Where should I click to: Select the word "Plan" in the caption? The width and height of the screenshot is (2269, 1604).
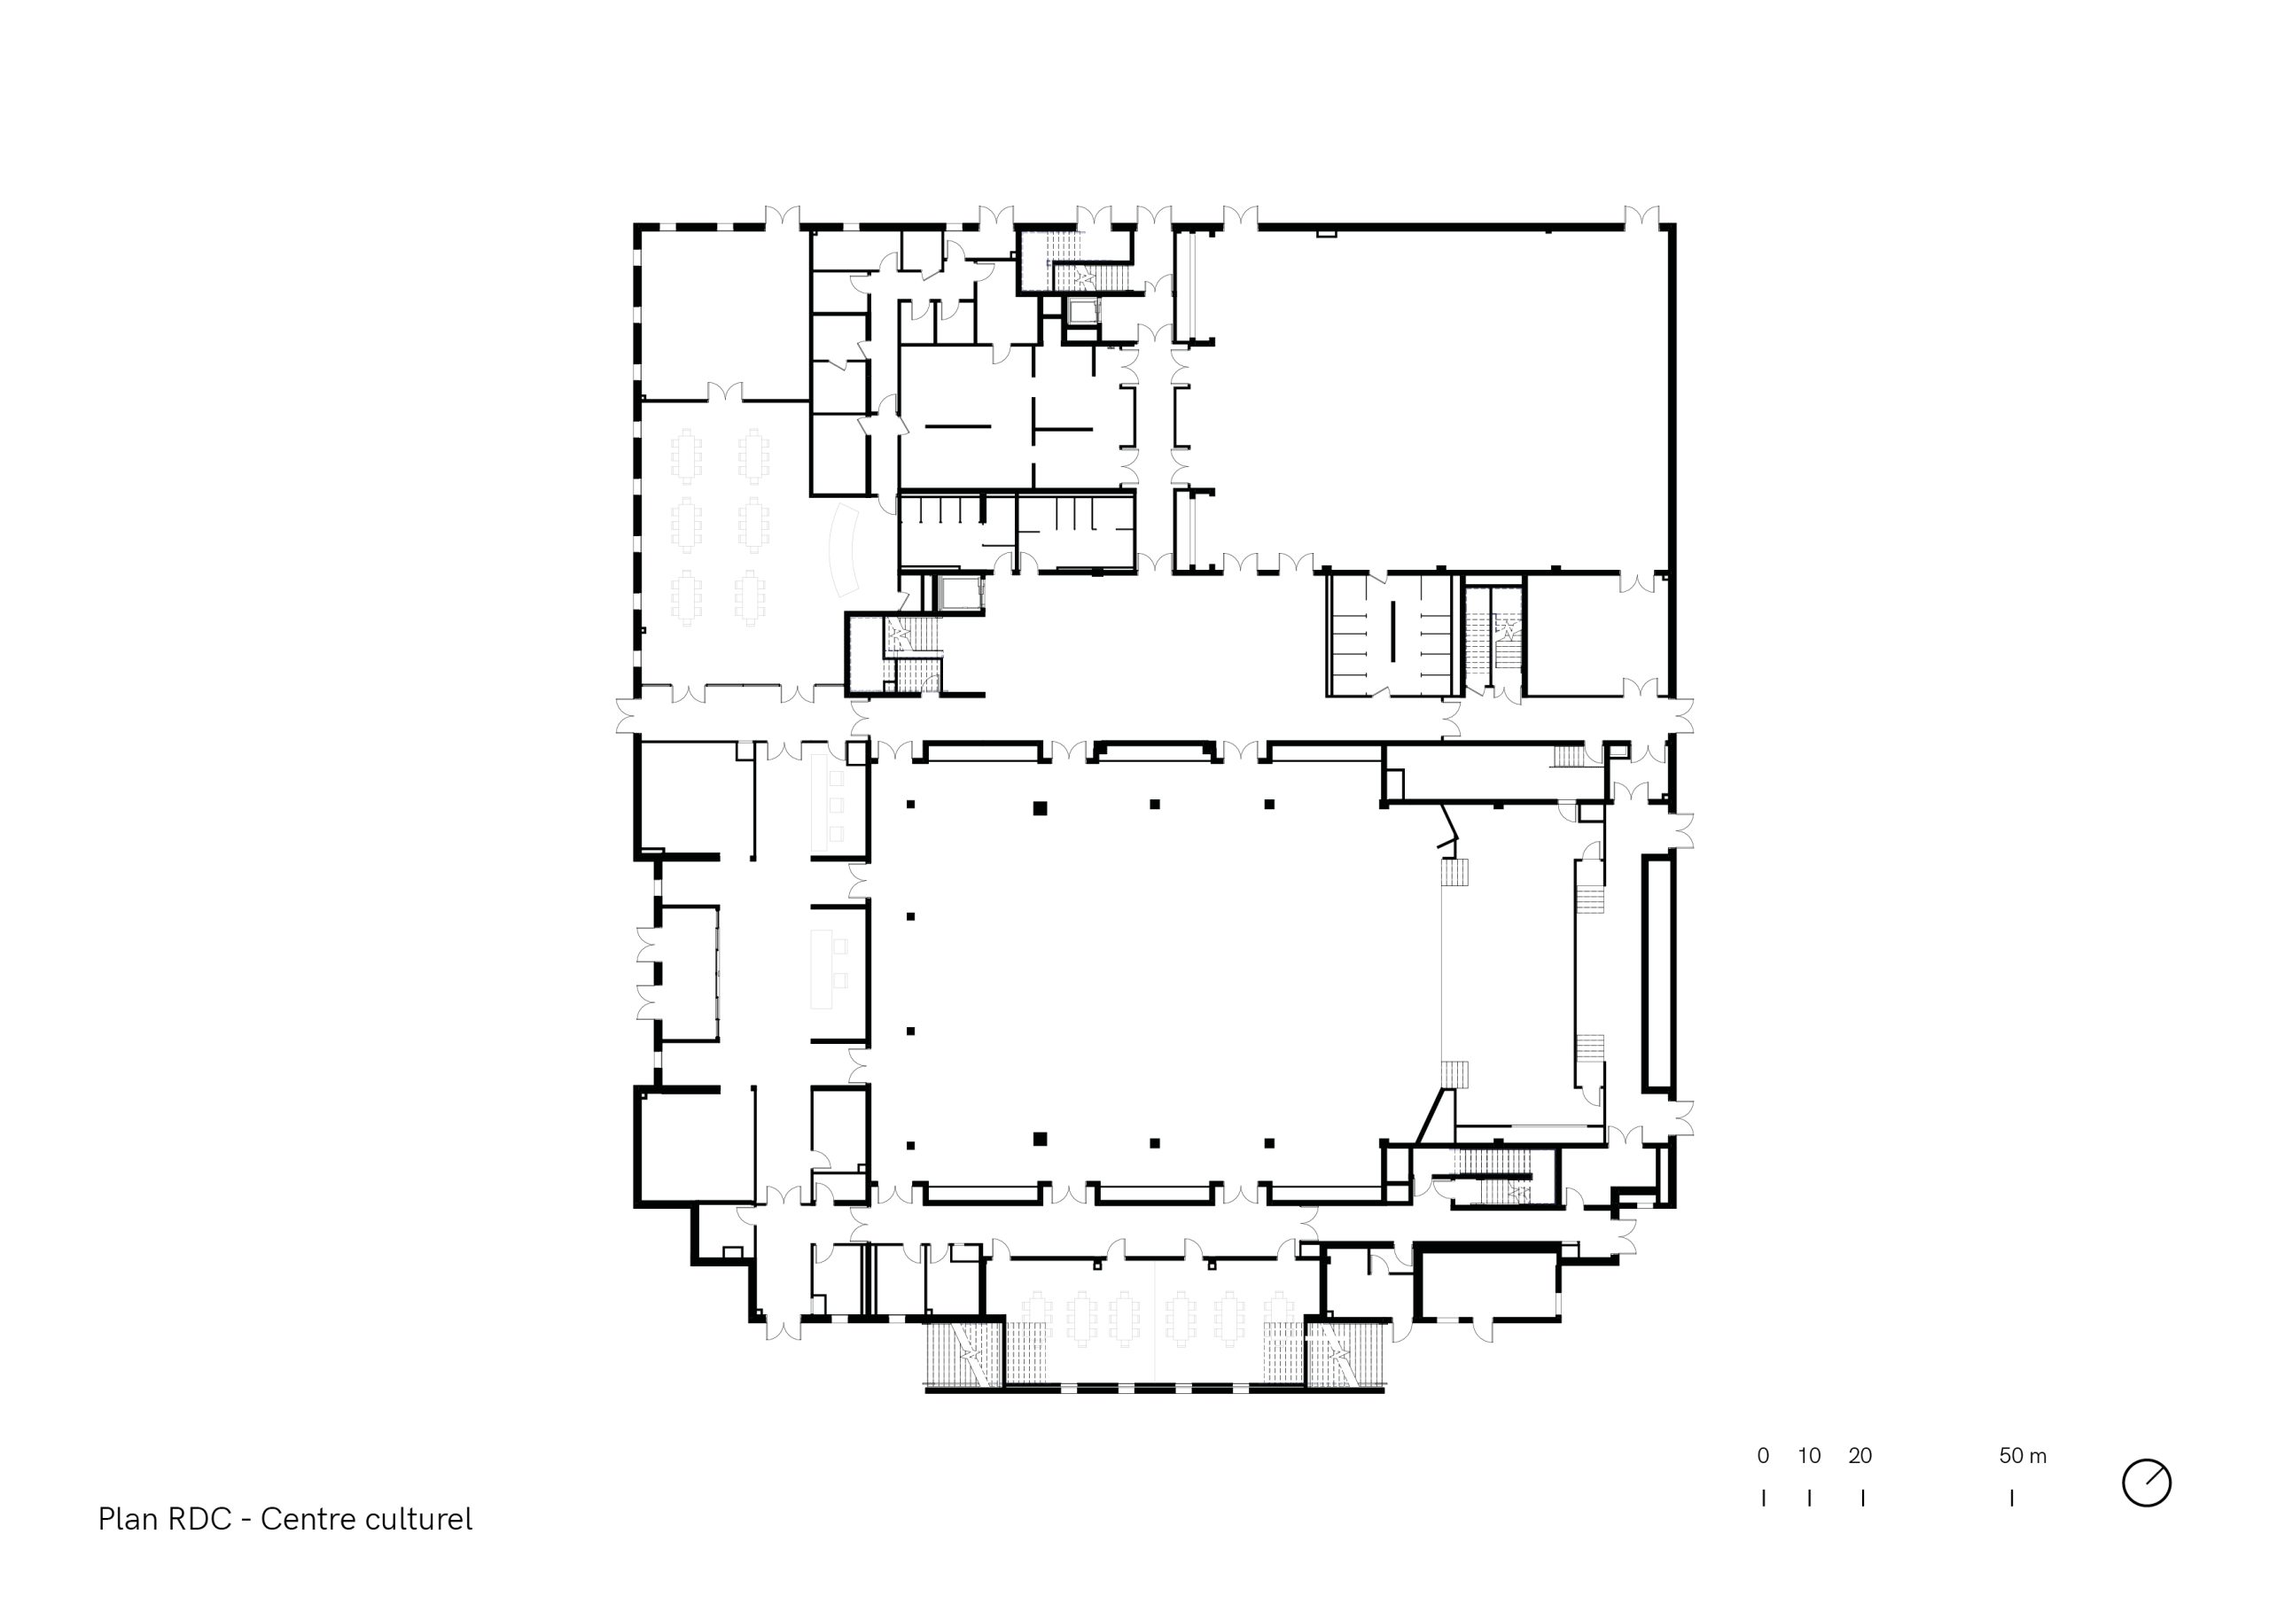(128, 1519)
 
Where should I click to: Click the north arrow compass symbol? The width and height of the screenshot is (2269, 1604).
(2147, 1483)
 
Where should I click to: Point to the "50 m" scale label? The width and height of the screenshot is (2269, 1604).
(2023, 1456)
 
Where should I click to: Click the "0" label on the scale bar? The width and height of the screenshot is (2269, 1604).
(1763, 1456)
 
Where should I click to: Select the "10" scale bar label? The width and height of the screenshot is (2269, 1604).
(1810, 1456)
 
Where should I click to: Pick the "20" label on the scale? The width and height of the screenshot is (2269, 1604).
(1860, 1456)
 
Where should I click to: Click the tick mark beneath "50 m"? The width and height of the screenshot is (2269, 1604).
(2012, 1499)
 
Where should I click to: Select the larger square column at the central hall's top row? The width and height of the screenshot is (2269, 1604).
(1040, 808)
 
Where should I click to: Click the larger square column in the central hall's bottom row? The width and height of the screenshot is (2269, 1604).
(1040, 1139)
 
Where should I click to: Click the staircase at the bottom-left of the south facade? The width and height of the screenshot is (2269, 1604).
(963, 1354)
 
